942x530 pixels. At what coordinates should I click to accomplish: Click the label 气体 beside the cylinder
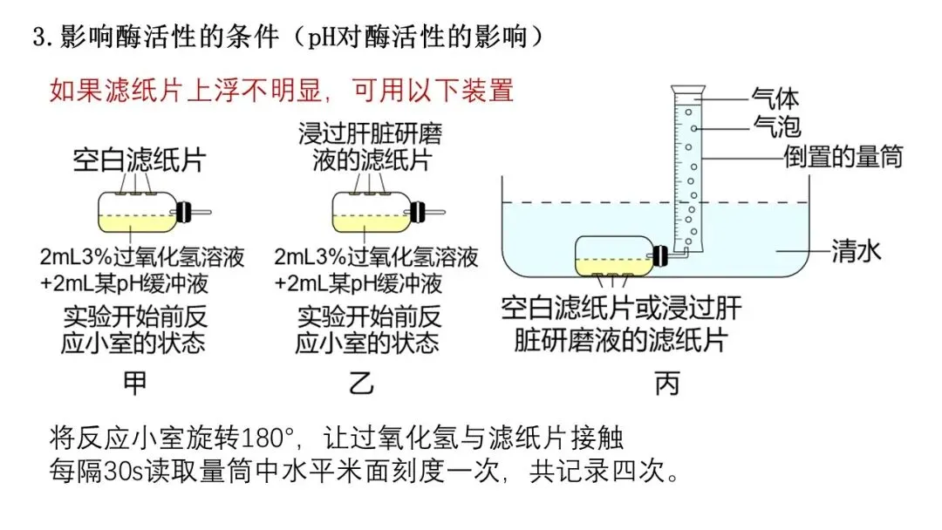point(775,97)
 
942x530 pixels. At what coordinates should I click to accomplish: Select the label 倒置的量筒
point(842,157)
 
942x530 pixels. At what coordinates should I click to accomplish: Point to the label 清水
point(856,252)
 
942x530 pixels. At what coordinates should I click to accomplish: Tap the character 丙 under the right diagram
point(667,384)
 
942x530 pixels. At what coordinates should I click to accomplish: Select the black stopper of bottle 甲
point(184,212)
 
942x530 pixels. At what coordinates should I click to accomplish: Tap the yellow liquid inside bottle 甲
point(135,224)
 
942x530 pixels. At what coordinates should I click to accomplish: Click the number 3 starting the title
point(38,37)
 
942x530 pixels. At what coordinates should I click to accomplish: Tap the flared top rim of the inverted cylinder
point(689,88)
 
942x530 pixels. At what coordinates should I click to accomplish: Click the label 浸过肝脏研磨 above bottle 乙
point(371,135)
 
